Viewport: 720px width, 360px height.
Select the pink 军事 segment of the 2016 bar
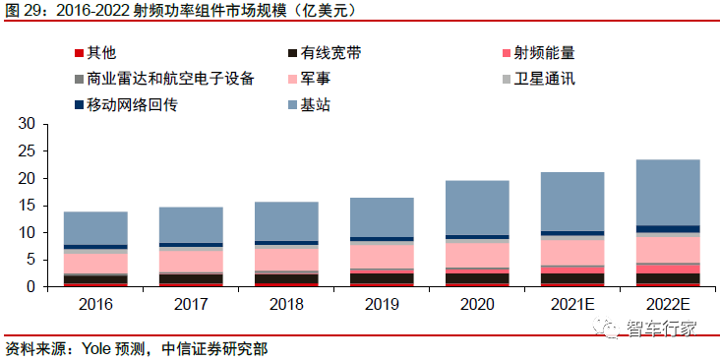(x=95, y=263)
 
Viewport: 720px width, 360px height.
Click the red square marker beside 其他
(x=78, y=52)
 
